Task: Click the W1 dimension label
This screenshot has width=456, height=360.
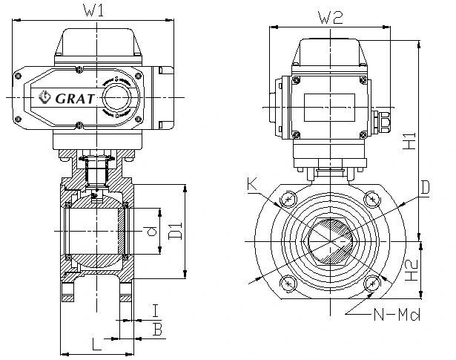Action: click(x=91, y=10)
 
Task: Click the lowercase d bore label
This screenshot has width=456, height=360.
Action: click(x=152, y=232)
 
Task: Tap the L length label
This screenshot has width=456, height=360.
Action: click(x=95, y=343)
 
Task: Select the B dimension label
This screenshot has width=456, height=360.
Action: click(x=156, y=328)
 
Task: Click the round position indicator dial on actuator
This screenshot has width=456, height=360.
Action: click(x=116, y=96)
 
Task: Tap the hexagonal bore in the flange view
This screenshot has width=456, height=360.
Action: click(x=332, y=240)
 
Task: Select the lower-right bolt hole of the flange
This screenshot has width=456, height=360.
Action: click(x=375, y=283)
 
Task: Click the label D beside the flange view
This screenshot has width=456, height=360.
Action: click(x=425, y=188)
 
